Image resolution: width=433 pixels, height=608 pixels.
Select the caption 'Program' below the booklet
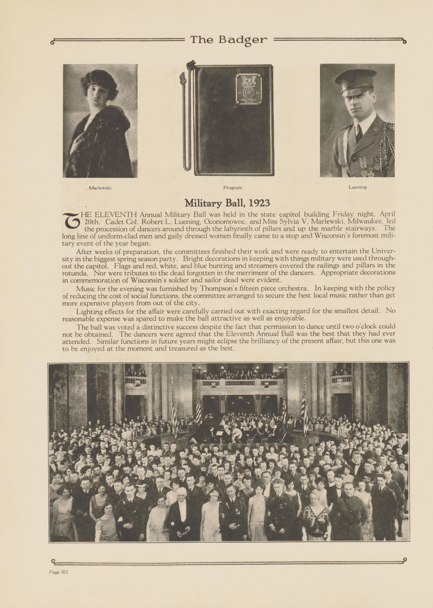tap(232, 187)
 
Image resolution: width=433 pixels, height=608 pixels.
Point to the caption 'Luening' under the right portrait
tap(357, 187)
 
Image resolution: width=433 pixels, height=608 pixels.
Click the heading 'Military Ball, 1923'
tap(227, 203)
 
